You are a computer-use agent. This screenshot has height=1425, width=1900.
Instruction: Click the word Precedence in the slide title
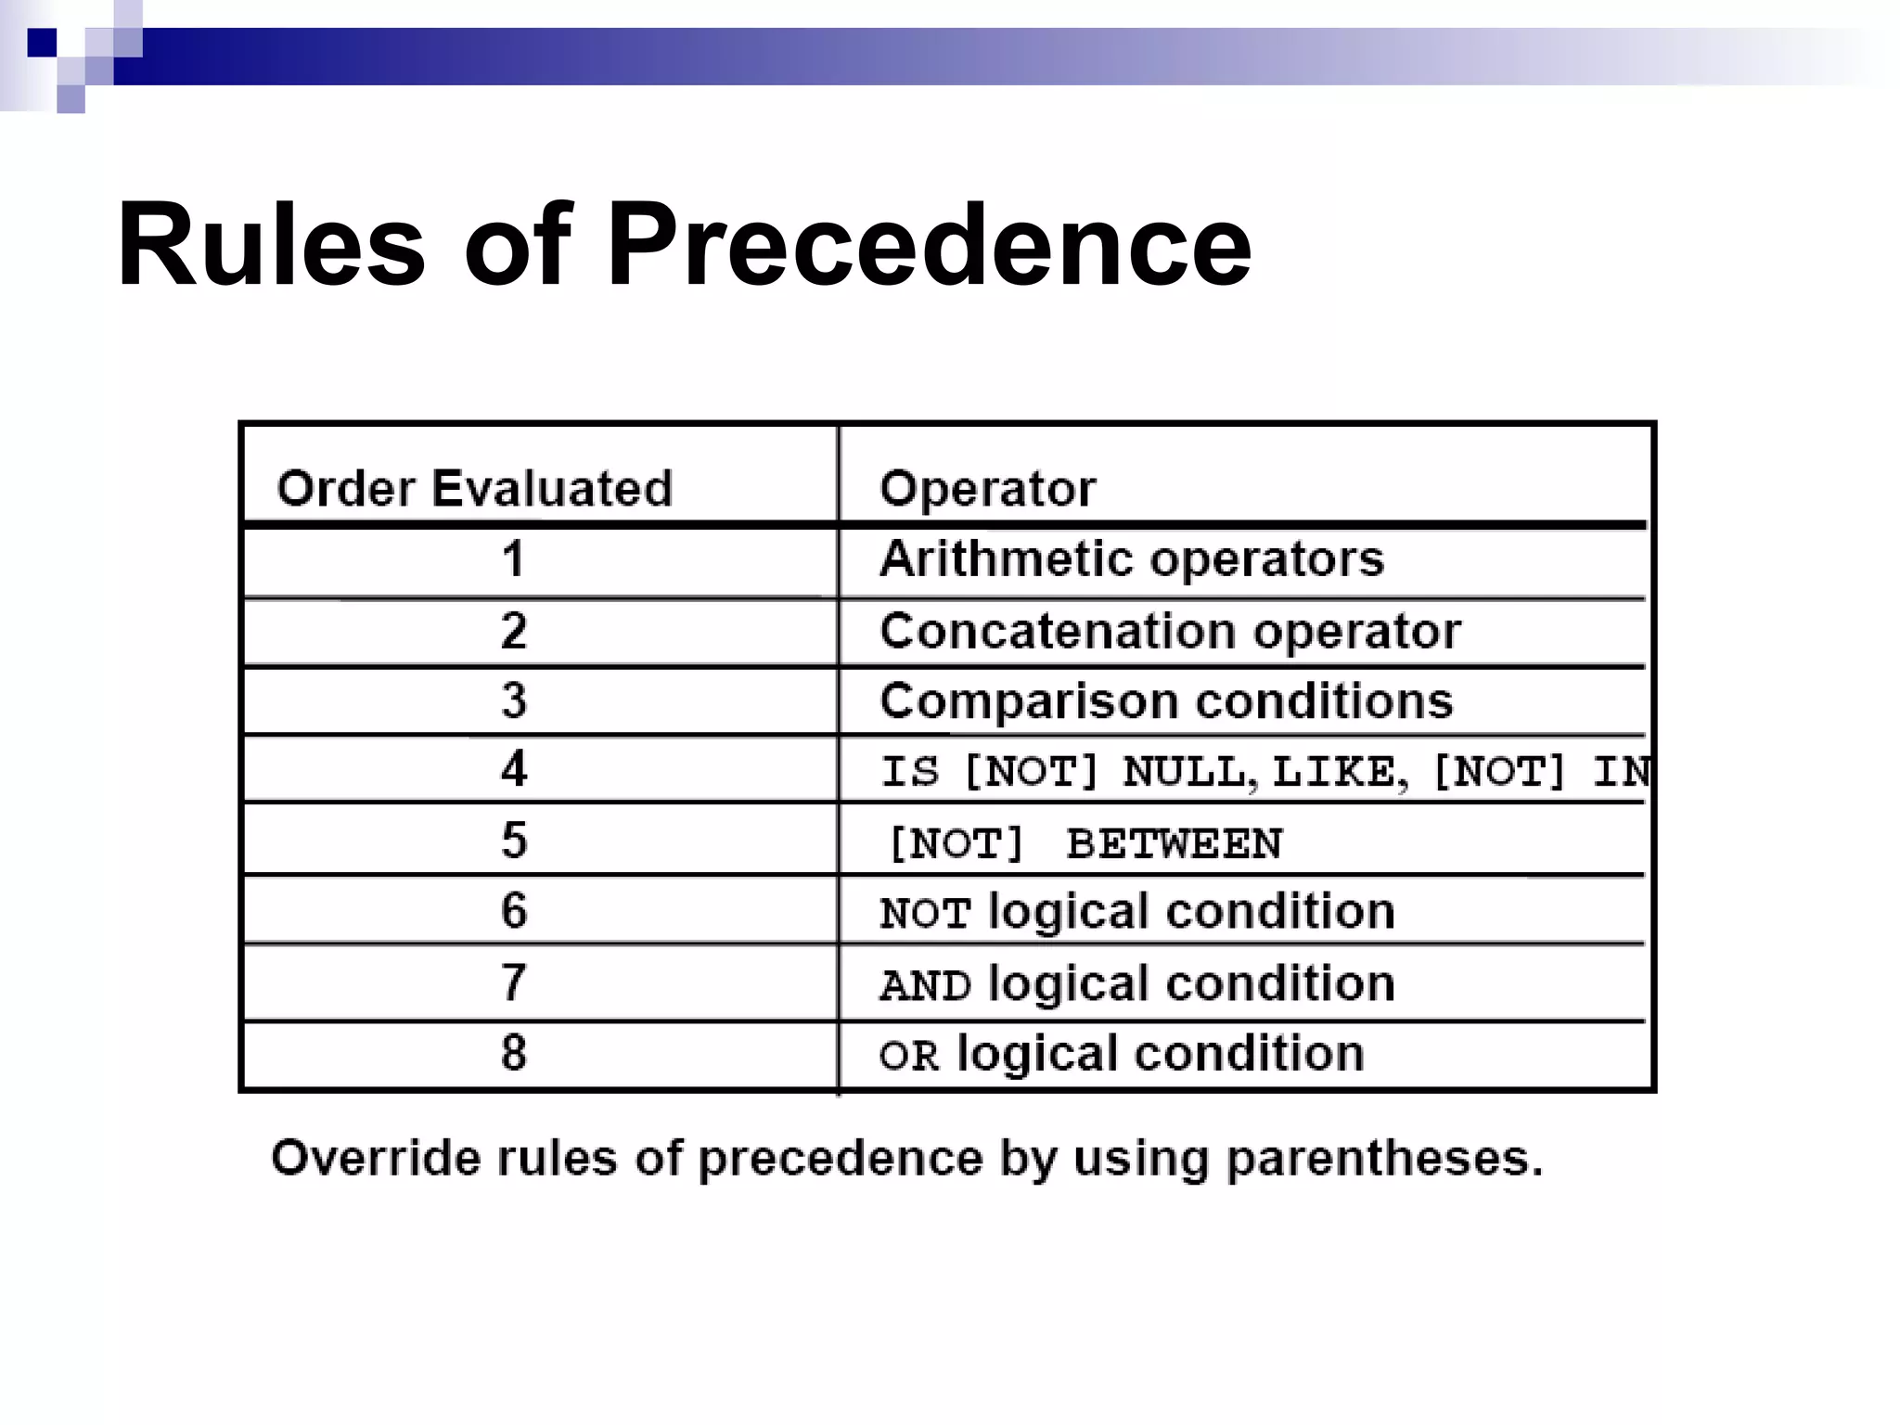tap(929, 246)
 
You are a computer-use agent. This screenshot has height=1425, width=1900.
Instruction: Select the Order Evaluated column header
tap(474, 488)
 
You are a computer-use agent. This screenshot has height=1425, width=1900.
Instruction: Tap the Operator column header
tap(987, 488)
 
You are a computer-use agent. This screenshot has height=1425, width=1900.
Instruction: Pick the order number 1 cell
tap(513, 559)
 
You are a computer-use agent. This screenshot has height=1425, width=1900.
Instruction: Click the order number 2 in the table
tap(513, 631)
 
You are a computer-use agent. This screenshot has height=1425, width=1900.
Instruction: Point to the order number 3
tap(513, 700)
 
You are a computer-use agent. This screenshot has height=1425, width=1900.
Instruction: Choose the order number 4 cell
tap(513, 769)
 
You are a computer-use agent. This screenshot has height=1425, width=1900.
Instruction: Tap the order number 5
tap(513, 841)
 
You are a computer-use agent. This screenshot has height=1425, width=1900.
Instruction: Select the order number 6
tap(513, 910)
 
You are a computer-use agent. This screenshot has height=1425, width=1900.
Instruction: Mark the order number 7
tap(513, 982)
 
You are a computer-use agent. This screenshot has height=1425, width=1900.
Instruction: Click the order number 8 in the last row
tap(513, 1053)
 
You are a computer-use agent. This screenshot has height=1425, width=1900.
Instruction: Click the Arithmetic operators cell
tap(1131, 559)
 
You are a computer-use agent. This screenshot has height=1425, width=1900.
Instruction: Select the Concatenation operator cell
tap(1170, 632)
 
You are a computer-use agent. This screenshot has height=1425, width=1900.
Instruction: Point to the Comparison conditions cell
tap(1166, 701)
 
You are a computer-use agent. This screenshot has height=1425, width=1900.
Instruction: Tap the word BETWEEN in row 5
tap(1174, 844)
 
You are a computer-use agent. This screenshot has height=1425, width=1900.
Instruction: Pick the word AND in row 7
tap(925, 985)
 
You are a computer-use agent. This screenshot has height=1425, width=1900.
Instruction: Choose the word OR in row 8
tap(908, 1056)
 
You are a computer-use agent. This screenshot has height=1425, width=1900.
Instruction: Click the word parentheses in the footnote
tap(1384, 1160)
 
